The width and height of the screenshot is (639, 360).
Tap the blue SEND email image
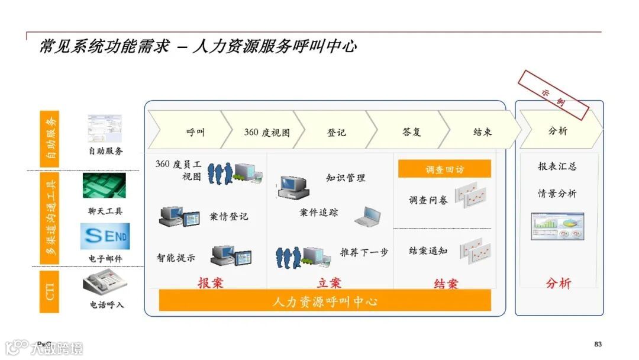(x=105, y=236)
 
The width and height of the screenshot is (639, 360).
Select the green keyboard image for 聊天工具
(x=104, y=186)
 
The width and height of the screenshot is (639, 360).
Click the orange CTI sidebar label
(x=50, y=292)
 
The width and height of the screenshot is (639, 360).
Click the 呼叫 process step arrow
(x=188, y=131)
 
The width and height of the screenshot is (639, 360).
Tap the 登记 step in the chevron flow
(x=336, y=132)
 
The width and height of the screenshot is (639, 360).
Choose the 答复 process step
(x=411, y=131)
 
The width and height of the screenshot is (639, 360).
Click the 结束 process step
(x=482, y=131)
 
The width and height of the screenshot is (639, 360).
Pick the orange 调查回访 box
(x=444, y=169)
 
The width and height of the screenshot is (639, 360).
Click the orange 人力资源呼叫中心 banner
(x=325, y=301)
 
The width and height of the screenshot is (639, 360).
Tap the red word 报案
(x=210, y=282)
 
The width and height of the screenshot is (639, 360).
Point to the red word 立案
(x=329, y=283)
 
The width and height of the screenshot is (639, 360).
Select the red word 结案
(x=446, y=284)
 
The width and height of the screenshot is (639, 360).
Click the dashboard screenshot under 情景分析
(x=557, y=226)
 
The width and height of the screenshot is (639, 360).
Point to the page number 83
(x=598, y=345)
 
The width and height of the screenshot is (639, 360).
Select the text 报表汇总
(x=557, y=166)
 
